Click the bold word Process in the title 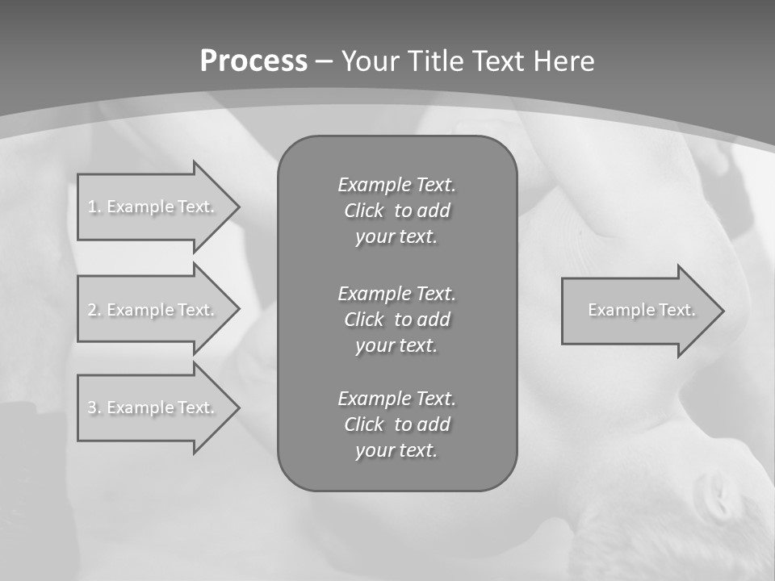coord(253,61)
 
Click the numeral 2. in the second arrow coord(94,310)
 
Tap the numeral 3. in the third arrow coord(94,408)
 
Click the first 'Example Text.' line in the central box coord(396,185)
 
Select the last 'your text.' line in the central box coord(396,450)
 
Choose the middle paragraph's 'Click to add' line coord(396,320)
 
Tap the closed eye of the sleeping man coord(715,493)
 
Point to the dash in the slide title coord(325,61)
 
